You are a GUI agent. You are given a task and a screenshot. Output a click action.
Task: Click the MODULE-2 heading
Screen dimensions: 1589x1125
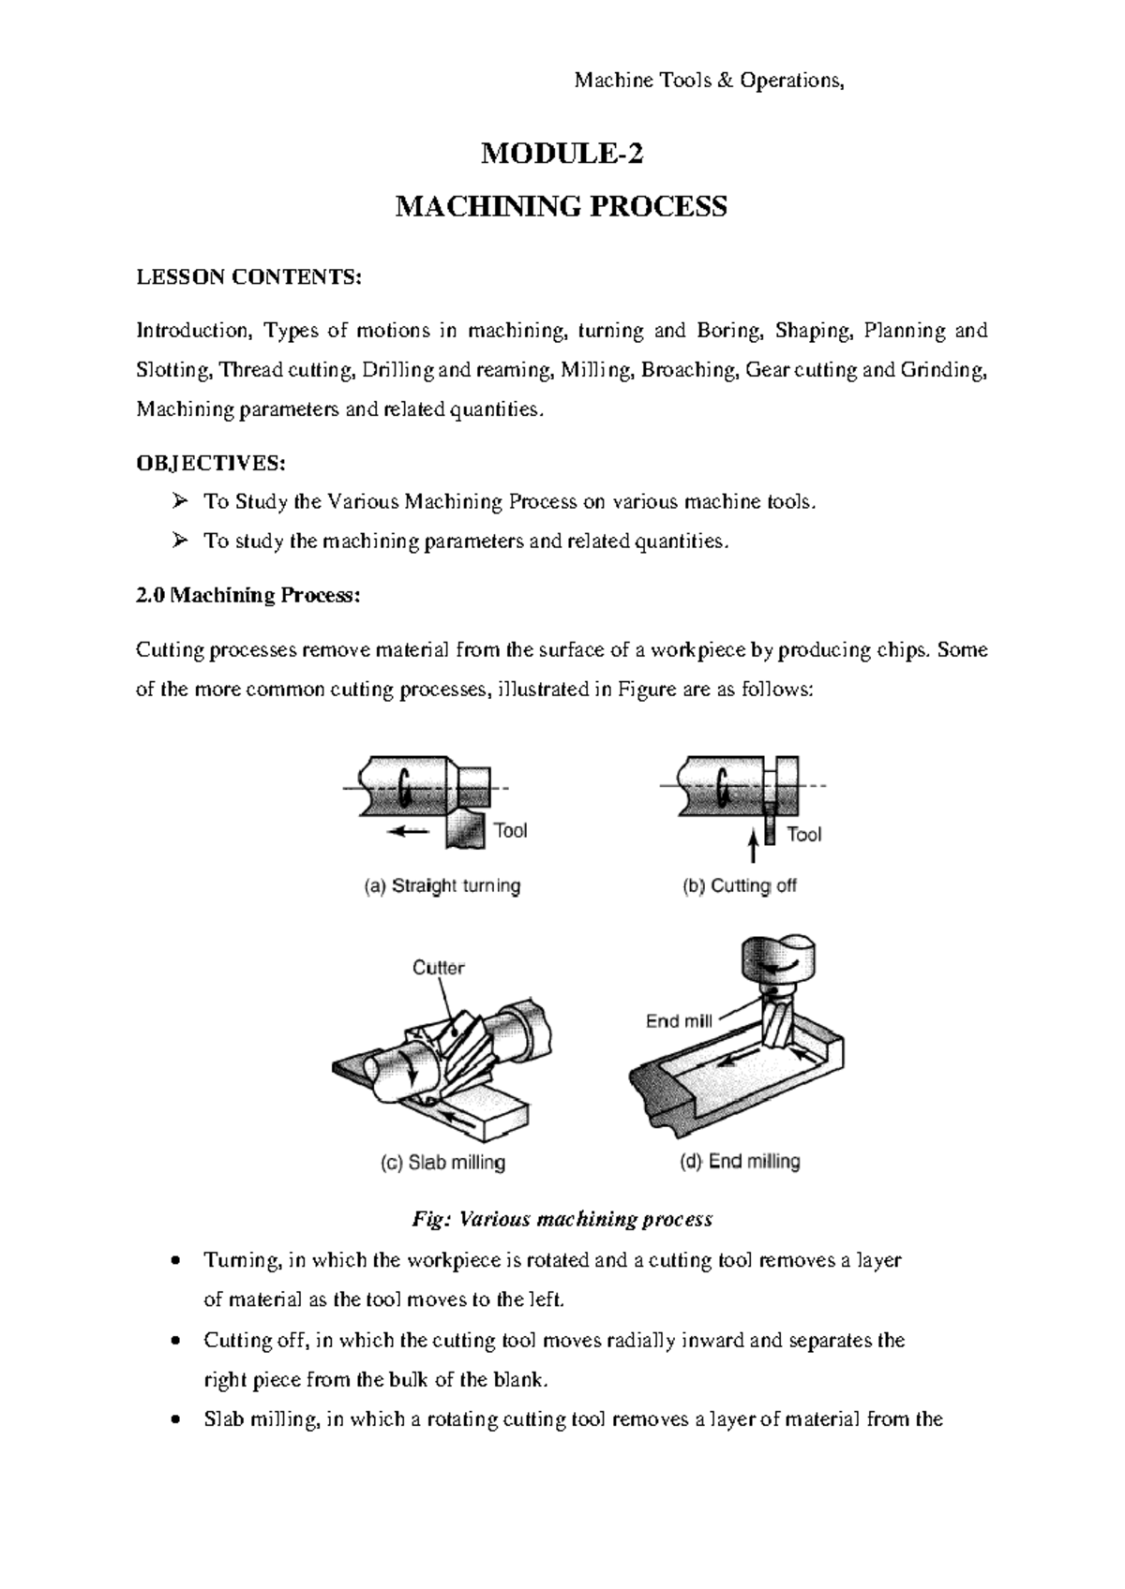(562, 155)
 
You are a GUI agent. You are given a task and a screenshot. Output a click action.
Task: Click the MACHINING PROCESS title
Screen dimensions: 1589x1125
(561, 206)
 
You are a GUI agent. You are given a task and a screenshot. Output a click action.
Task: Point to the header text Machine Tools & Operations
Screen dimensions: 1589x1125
(709, 82)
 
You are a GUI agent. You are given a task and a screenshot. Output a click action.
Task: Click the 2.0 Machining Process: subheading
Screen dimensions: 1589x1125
(247, 596)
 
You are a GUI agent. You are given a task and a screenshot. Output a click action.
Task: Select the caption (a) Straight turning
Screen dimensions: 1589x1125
(442, 886)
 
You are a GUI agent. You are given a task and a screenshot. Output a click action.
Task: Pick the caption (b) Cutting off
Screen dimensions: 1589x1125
(739, 886)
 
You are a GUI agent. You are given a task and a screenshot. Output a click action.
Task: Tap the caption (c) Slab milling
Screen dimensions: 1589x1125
(442, 1163)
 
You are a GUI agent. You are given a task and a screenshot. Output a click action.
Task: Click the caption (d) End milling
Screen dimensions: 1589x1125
(739, 1162)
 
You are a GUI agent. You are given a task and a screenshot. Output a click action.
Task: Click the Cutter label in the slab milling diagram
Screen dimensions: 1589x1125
(438, 968)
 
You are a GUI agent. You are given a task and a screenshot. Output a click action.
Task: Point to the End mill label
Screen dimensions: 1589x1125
(679, 1021)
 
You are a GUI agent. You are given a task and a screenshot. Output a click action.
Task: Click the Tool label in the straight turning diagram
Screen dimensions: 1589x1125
(510, 830)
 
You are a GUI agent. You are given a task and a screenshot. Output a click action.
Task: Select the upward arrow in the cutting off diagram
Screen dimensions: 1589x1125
(752, 846)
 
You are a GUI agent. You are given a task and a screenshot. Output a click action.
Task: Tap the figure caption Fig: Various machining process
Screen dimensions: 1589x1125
(562, 1219)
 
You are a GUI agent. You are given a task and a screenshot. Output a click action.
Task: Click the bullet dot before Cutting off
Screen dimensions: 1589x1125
(177, 1341)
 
